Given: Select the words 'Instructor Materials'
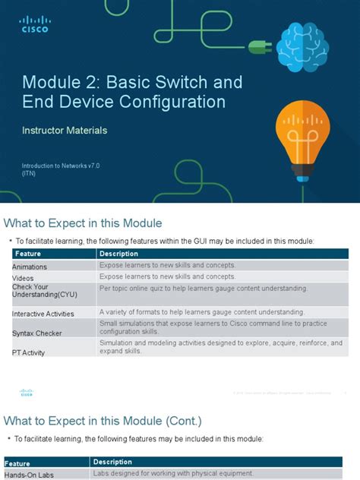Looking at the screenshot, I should tap(65, 131).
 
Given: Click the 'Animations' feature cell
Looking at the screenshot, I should tap(30, 267).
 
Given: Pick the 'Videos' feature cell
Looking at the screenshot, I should tap(24, 278).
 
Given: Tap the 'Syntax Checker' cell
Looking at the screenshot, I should tap(37, 333).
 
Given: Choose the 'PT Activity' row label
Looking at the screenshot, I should tap(30, 352).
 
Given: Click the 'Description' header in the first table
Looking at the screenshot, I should tap(118, 254).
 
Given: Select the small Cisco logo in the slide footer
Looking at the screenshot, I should tap(27, 393).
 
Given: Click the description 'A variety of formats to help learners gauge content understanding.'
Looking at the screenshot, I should tap(201, 312).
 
